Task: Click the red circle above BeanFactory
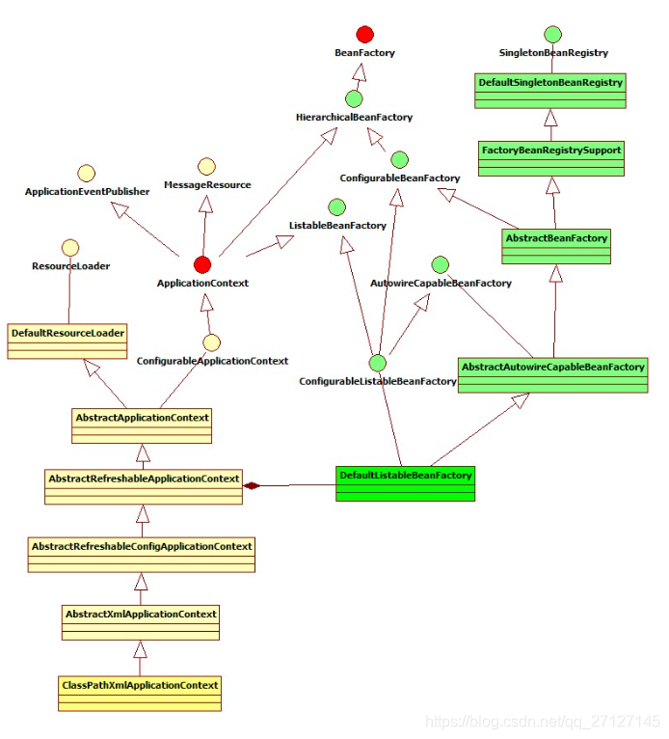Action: (365, 35)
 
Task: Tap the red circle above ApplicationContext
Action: (202, 265)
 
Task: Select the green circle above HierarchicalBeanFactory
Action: (354, 99)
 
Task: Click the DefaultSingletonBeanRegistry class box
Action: (550, 91)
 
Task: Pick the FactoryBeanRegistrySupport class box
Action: (551, 158)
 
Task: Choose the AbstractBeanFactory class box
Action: (556, 246)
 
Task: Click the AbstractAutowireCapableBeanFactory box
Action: (552, 375)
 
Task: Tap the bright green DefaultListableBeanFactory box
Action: (406, 483)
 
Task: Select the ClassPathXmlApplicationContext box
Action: (140, 694)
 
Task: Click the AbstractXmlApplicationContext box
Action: (141, 622)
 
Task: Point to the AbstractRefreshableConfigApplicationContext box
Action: (142, 555)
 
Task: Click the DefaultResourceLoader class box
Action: (67, 342)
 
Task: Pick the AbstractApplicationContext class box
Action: (142, 426)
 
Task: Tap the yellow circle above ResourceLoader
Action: (70, 248)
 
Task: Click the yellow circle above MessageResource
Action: (206, 166)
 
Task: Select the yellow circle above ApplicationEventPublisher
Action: (87, 174)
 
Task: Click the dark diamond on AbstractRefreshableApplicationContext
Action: (252, 485)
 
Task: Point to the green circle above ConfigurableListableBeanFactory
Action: (377, 363)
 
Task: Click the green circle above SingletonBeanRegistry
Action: (552, 35)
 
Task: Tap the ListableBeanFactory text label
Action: (337, 226)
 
